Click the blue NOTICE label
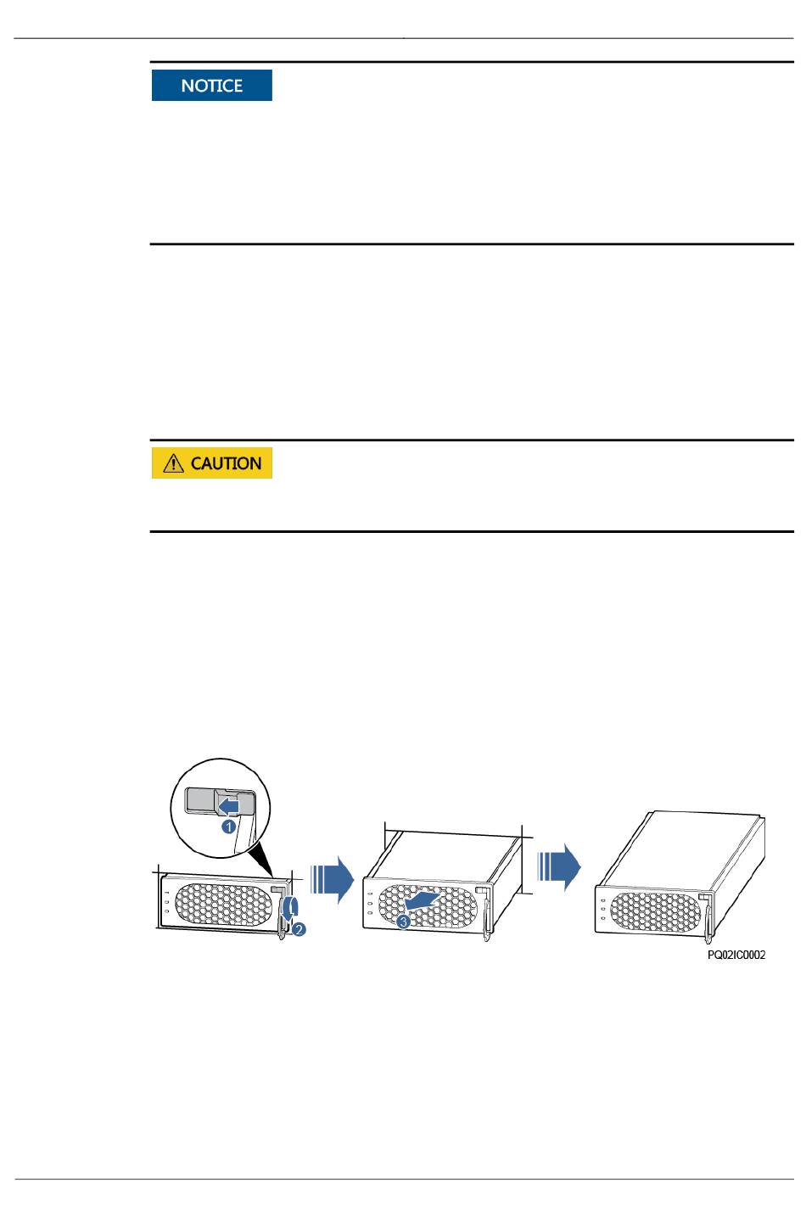click(212, 86)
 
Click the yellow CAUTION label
click(212, 463)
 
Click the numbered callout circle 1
click(228, 825)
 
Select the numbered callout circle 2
click(299, 929)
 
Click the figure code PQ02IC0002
click(736, 956)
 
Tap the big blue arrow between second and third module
click(560, 866)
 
